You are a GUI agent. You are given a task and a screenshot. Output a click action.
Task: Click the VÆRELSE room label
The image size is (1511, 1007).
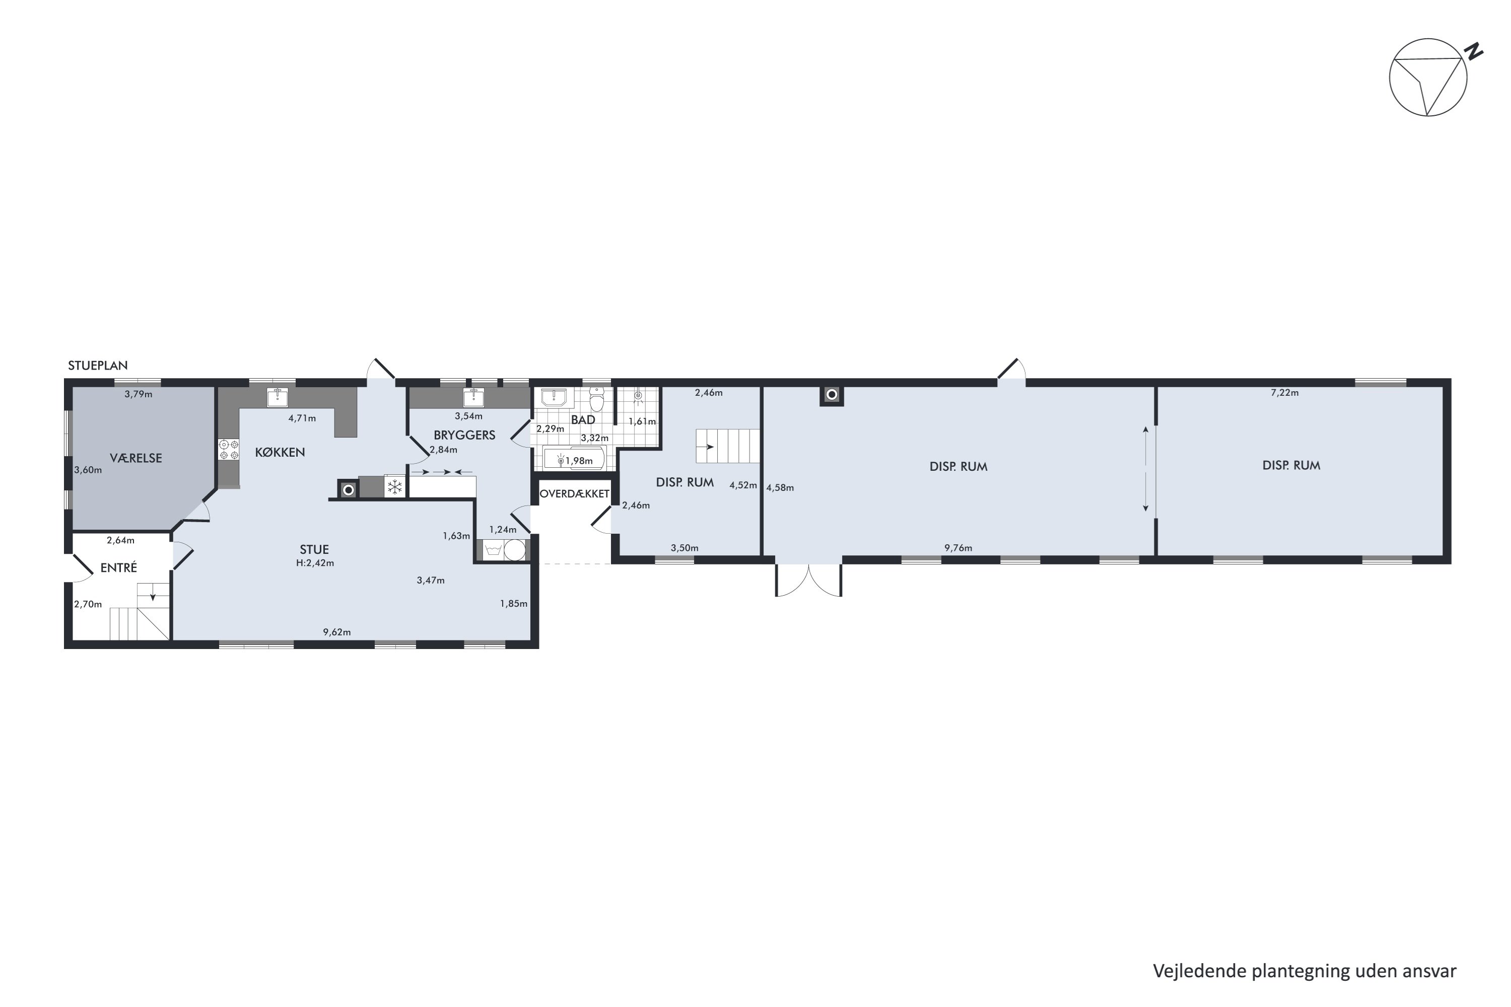click(x=135, y=458)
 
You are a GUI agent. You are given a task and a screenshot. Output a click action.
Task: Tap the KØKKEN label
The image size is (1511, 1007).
click(x=280, y=452)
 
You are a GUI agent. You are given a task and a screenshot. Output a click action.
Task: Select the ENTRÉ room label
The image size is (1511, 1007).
click(x=119, y=568)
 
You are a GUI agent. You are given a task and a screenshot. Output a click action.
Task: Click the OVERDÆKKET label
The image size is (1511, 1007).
click(x=574, y=494)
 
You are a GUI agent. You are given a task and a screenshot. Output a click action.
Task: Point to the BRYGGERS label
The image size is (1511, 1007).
click(x=464, y=435)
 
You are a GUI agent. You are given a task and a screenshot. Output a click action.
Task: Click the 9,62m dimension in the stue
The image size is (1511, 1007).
click(x=336, y=632)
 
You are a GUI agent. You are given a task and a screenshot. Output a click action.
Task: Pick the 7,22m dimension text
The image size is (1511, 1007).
click(x=1284, y=392)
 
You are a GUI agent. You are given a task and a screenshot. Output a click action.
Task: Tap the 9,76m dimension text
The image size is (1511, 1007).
click(x=958, y=548)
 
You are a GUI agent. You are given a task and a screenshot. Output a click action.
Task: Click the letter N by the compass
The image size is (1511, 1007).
click(x=1473, y=51)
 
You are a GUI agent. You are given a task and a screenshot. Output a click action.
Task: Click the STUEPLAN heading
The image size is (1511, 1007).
click(x=98, y=366)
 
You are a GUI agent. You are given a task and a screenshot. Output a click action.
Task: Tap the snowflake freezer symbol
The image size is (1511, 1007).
click(x=394, y=486)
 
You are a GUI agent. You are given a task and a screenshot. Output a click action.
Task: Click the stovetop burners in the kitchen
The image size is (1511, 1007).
click(x=228, y=449)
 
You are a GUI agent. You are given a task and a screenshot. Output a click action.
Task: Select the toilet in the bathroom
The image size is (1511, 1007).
click(x=597, y=399)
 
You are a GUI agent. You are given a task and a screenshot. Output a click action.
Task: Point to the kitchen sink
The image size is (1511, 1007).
click(x=278, y=398)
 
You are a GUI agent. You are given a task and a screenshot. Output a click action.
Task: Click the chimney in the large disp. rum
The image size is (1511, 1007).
click(x=832, y=395)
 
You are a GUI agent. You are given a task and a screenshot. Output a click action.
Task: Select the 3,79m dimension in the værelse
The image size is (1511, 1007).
click(x=138, y=394)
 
